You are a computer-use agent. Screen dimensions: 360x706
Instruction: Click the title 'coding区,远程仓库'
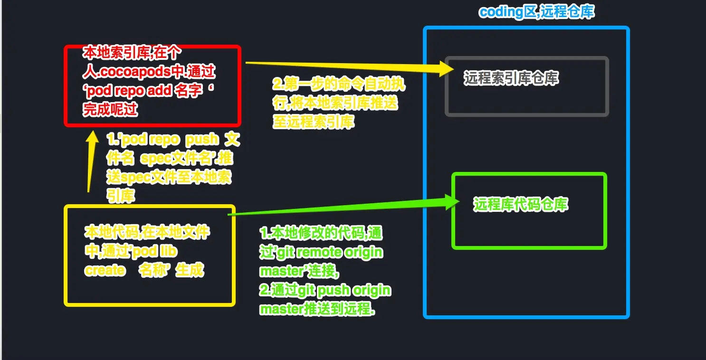(x=536, y=11)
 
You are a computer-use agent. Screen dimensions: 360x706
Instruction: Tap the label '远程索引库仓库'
(x=511, y=78)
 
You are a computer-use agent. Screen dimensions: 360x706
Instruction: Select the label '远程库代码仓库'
(x=521, y=204)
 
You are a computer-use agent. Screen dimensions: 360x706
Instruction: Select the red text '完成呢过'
(x=110, y=109)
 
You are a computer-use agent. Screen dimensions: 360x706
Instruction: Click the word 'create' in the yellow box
(x=105, y=270)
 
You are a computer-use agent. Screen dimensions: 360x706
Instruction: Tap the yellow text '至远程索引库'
(x=313, y=122)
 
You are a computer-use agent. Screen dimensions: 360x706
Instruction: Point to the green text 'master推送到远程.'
(x=316, y=309)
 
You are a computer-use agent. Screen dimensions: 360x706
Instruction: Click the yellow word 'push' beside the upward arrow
(x=202, y=140)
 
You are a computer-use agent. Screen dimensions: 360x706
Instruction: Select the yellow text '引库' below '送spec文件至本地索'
(x=121, y=196)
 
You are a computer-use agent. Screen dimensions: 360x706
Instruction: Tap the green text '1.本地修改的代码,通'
(x=321, y=233)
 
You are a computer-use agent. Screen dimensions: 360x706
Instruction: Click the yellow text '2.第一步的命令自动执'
(x=338, y=85)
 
